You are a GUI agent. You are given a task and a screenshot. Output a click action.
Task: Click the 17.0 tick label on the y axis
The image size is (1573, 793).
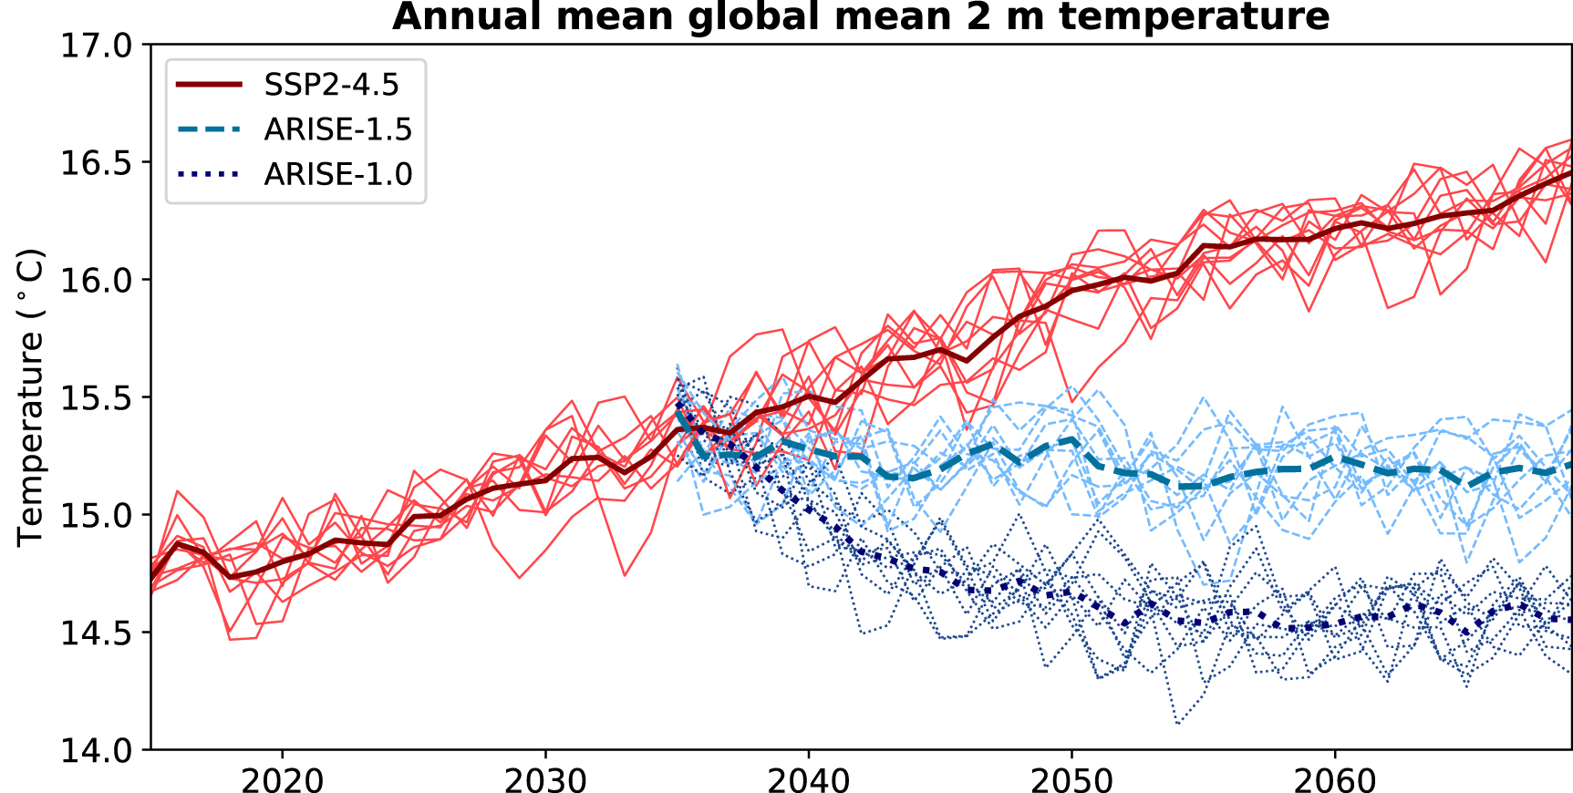96,46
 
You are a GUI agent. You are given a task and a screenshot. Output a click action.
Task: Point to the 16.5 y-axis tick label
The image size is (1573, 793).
96,163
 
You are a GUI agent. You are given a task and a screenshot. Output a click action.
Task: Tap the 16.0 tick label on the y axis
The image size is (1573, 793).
96,281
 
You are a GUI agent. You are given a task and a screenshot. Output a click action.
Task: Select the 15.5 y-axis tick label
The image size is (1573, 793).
96,398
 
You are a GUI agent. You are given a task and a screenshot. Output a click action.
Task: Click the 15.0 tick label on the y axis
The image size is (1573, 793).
96,516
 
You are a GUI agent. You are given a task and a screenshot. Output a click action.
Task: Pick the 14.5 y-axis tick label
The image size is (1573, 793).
96,633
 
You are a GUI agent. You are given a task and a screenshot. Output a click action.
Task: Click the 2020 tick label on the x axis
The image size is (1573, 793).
282,780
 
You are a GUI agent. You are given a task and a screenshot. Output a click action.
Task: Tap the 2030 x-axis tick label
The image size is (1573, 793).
545,780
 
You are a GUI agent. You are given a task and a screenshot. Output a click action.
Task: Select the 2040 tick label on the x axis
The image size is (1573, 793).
809,780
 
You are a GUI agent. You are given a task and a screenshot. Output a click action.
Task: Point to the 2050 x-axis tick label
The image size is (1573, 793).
1071,780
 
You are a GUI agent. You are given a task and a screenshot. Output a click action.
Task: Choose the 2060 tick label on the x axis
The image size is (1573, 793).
1335,780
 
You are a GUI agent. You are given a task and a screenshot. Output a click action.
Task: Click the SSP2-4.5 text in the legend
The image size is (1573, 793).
332,85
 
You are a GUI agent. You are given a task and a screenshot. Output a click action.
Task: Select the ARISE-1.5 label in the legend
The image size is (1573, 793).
338,130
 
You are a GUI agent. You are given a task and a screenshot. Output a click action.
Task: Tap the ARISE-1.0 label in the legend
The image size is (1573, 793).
338,174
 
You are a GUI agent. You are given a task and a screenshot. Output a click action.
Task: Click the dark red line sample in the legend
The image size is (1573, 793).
209,84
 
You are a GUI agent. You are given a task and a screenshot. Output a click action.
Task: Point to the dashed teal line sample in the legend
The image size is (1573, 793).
209,129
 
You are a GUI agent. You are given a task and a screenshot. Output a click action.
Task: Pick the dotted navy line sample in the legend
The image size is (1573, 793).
209,174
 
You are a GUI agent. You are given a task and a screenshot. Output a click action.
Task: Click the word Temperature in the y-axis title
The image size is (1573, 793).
30,438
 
